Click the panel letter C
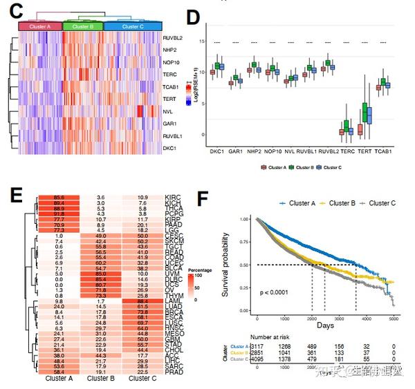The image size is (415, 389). [x=15, y=12]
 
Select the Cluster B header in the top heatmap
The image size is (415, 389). [x=83, y=26]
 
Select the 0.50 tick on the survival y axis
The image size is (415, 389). [x=244, y=265]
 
